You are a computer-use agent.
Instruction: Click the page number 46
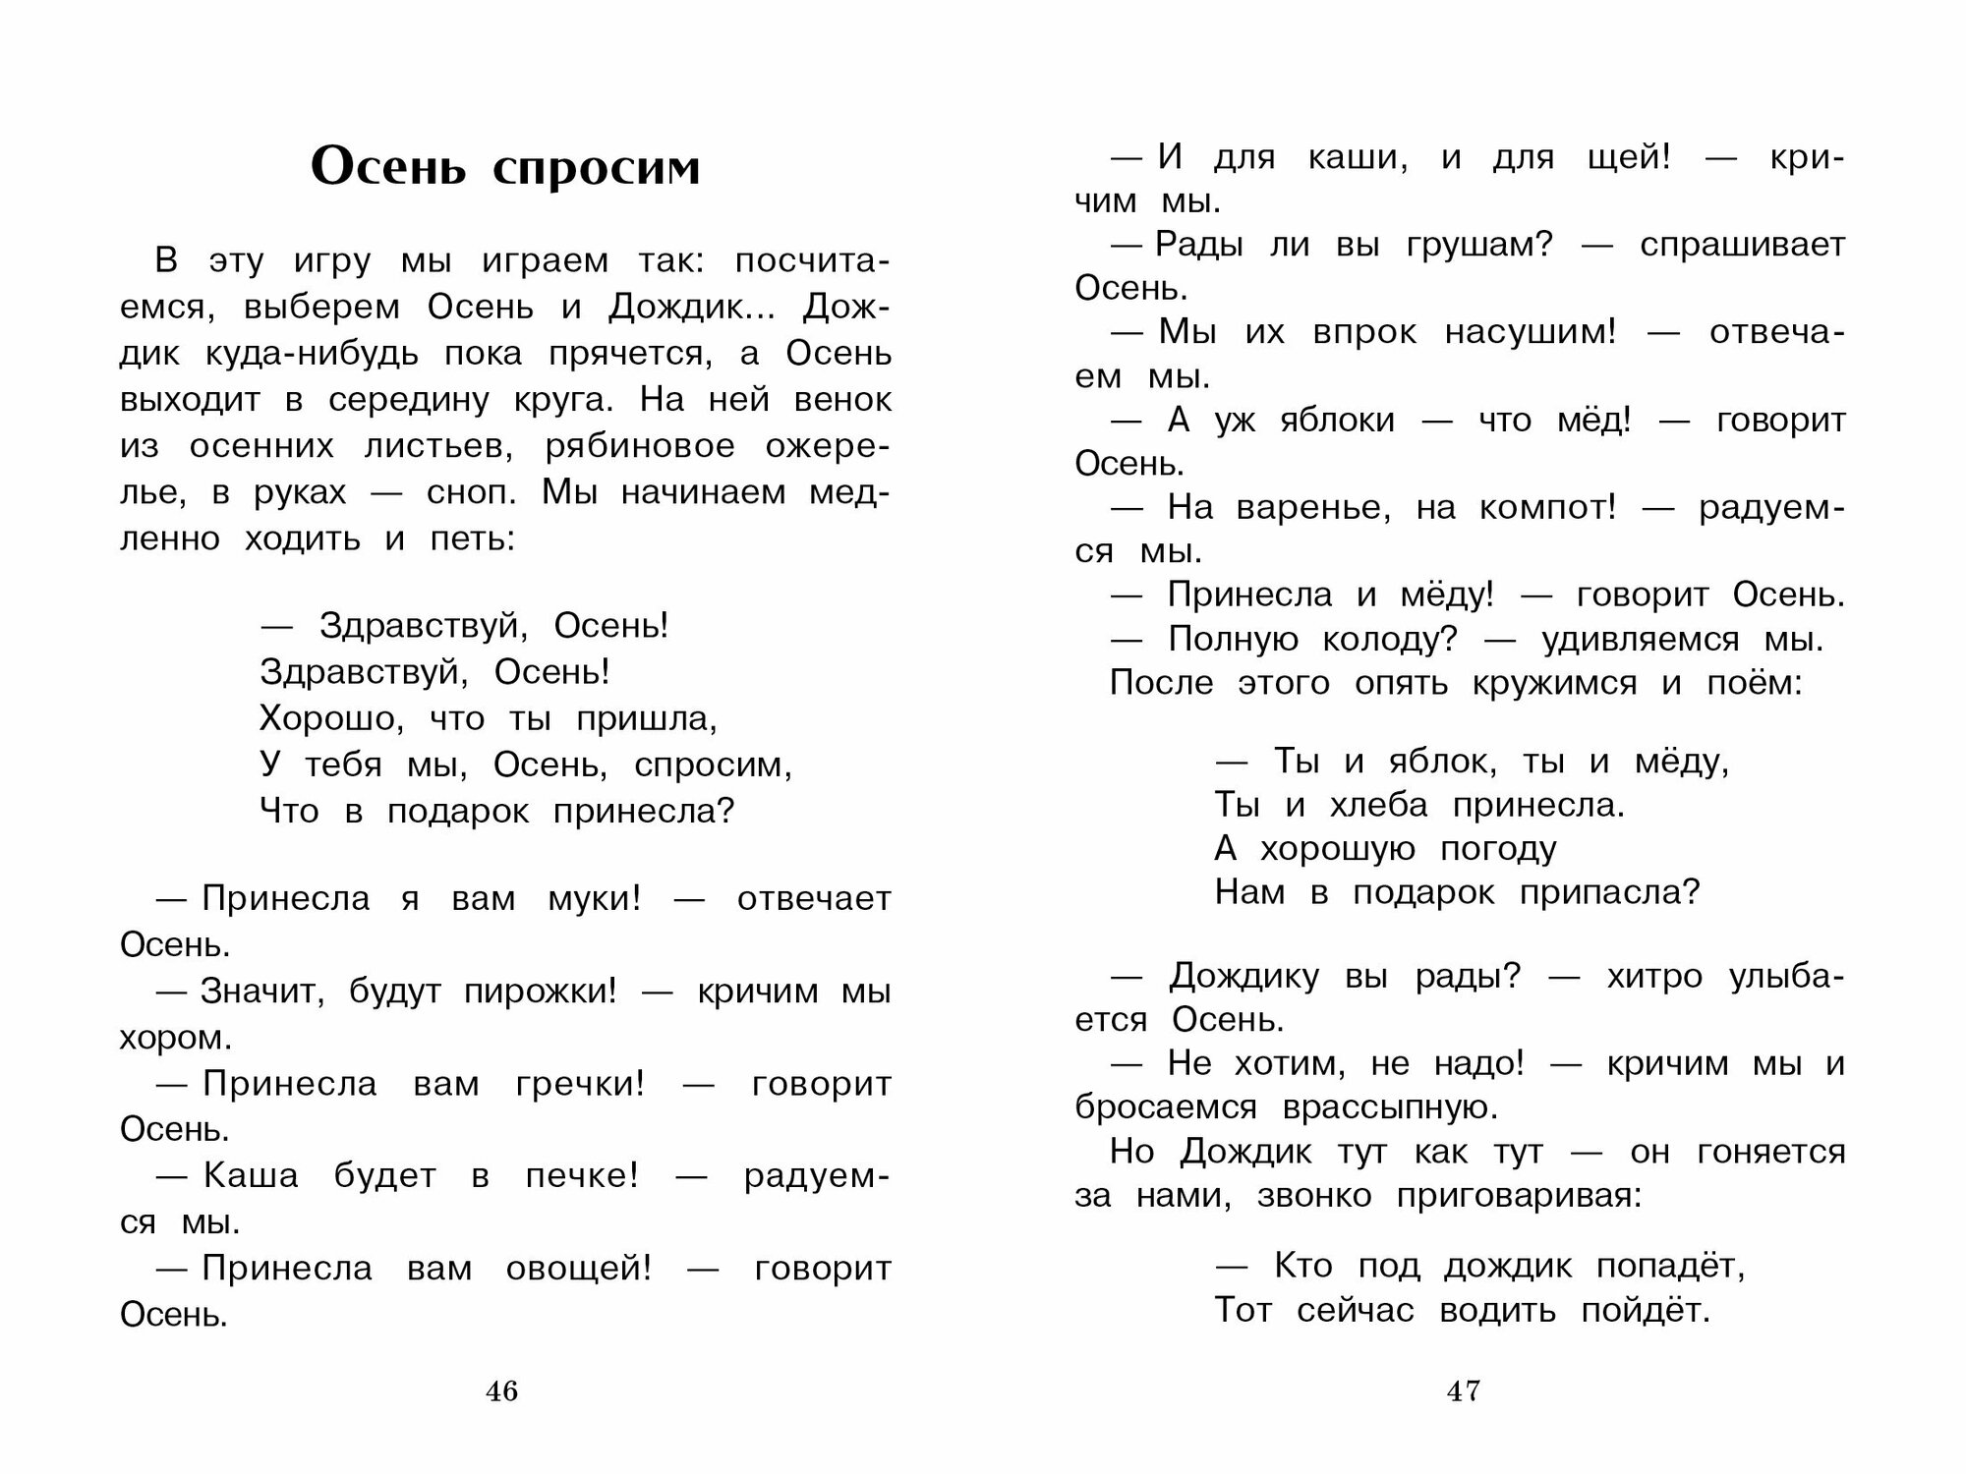pyautogui.click(x=501, y=1391)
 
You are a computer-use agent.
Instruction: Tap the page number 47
pyautogui.click(x=1463, y=1391)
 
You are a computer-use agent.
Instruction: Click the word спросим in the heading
pyautogui.click(x=596, y=168)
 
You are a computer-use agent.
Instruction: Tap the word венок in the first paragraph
pyautogui.click(x=842, y=400)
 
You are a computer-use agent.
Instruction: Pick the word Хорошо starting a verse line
pyautogui.click(x=332, y=719)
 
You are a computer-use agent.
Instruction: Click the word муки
pyautogui.click(x=594, y=899)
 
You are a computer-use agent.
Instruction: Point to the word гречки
pyautogui.click(x=580, y=1085)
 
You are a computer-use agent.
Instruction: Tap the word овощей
pyautogui.click(x=578, y=1270)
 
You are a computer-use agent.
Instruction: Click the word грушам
pyautogui.click(x=1479, y=246)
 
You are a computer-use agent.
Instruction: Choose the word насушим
pyautogui.click(x=1530, y=333)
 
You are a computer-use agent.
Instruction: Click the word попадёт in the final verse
pyautogui.click(x=1670, y=1267)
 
